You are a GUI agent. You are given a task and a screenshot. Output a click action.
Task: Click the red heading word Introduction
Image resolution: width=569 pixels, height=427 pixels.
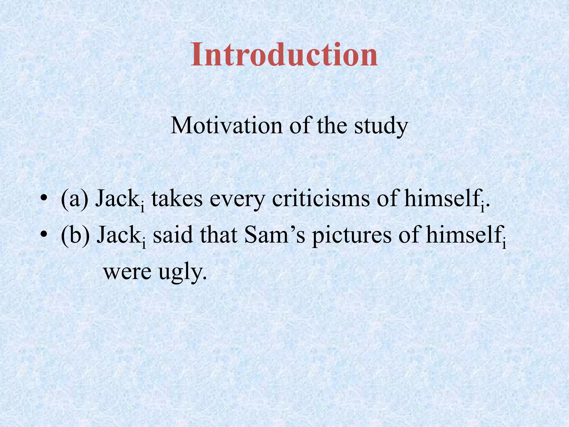click(x=284, y=54)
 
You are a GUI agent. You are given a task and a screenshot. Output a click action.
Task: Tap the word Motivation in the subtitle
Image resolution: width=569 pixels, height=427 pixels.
click(x=226, y=126)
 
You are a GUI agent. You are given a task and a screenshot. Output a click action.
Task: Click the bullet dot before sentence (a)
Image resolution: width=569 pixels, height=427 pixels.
click(x=43, y=199)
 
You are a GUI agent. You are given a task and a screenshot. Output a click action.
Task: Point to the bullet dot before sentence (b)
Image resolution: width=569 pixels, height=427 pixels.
click(x=43, y=235)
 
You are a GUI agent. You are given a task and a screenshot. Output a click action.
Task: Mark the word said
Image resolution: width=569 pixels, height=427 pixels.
click(x=173, y=235)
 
